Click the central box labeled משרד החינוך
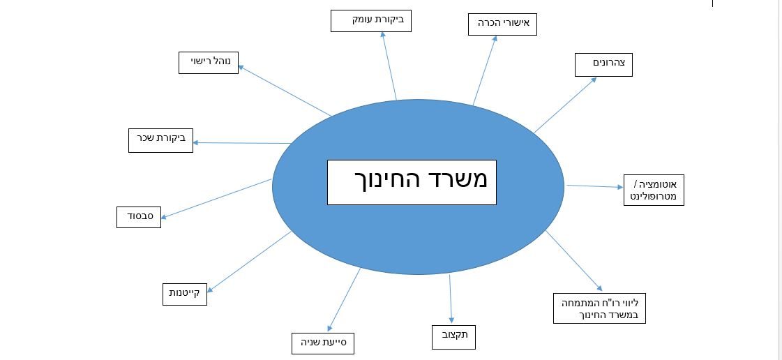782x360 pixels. pos(412,183)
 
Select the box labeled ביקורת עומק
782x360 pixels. pos(371,21)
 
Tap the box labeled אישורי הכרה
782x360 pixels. pos(502,24)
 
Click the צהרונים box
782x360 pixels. pos(603,65)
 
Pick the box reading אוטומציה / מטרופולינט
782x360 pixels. pos(654,190)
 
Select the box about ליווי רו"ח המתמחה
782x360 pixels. pos(599,308)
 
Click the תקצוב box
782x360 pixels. pos(453,336)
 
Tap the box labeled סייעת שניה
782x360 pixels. pos(323,343)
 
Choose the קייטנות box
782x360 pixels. pos(185,294)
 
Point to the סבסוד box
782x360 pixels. pos(139,217)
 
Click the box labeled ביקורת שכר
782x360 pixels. pos(160,140)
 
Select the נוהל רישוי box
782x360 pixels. pos(209,63)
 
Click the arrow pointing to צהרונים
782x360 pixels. pos(565,105)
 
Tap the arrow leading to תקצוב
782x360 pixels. pos(451,299)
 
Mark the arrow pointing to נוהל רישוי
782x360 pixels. pos(285,91)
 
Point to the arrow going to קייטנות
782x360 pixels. pos(249,262)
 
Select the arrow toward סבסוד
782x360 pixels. pos(216,198)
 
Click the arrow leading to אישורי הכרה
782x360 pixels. pos(486,70)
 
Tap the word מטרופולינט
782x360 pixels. pos(654,197)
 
